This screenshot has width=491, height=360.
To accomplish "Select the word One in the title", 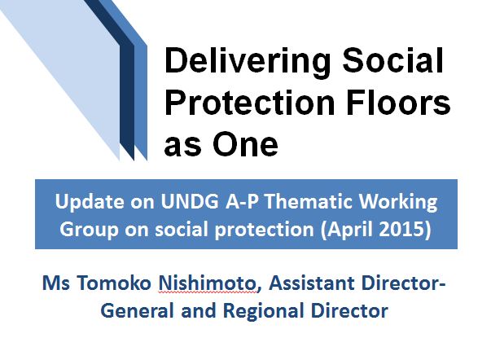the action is (x=245, y=144).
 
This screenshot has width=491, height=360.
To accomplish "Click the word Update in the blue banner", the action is (x=90, y=202).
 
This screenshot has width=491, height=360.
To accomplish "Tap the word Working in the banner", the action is (x=398, y=203).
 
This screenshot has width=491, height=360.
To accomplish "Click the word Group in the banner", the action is (x=89, y=230).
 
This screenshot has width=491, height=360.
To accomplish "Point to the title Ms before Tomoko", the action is (x=56, y=283).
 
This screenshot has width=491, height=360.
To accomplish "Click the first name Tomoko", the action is (x=114, y=283).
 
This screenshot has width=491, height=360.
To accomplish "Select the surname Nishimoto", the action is (x=207, y=283).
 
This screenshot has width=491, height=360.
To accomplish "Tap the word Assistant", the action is (x=311, y=283).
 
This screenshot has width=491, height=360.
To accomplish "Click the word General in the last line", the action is (x=137, y=311).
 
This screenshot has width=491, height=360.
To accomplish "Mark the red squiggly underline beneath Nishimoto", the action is (x=207, y=292).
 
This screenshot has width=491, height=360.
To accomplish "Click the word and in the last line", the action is (x=199, y=311).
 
